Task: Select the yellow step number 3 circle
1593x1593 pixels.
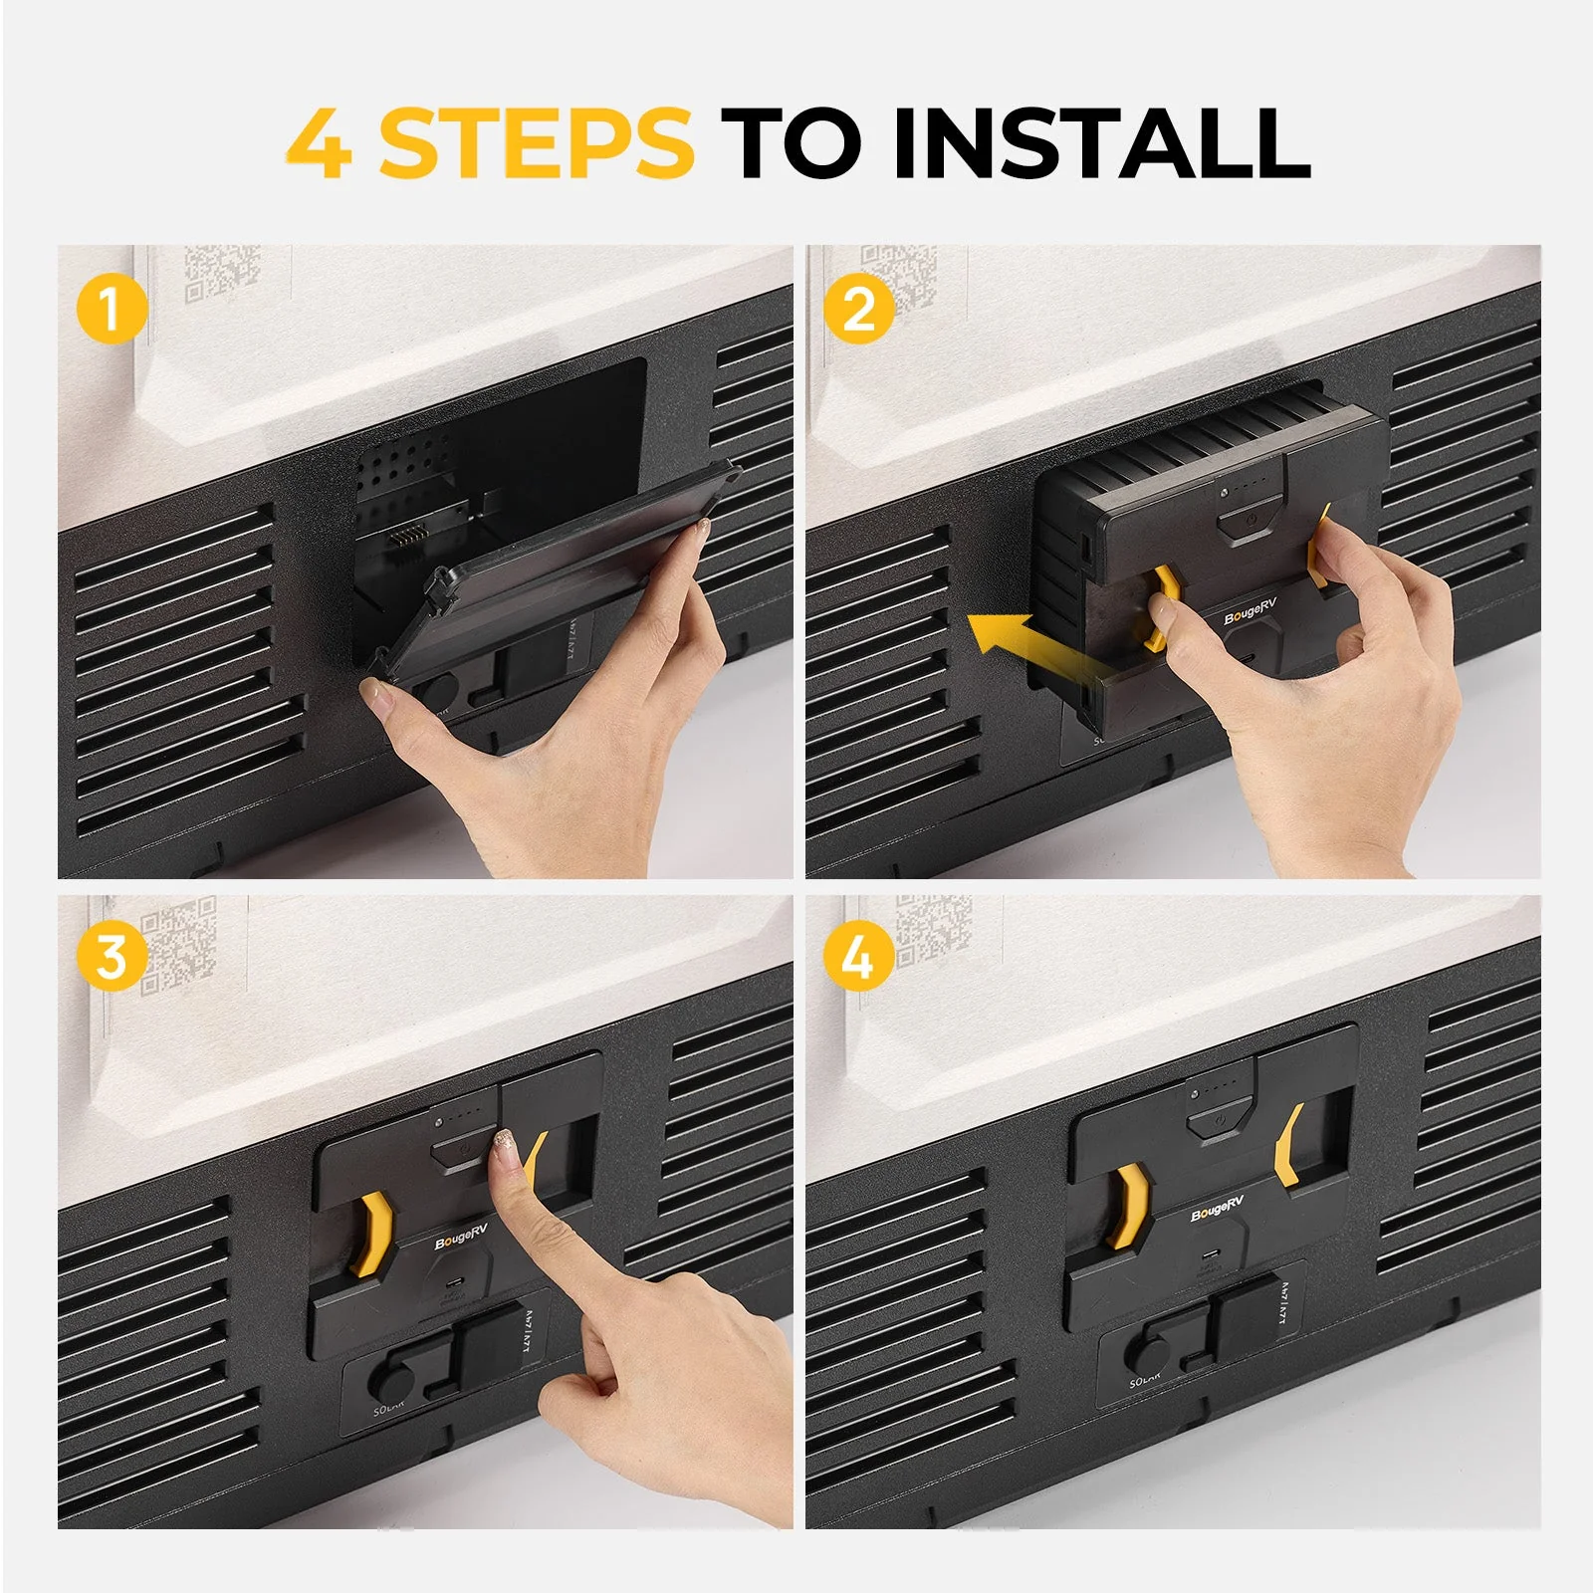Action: [x=111, y=955]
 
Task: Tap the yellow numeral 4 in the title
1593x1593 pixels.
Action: [x=320, y=144]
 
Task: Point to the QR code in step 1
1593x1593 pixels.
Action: [x=221, y=274]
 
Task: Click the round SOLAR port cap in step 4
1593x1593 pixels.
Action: [x=1151, y=1354]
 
